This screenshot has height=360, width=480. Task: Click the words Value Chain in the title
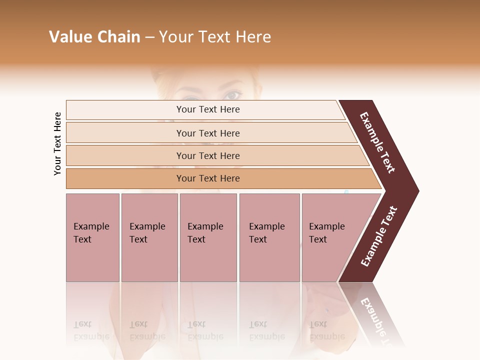(x=94, y=37)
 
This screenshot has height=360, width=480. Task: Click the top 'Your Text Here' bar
(x=208, y=109)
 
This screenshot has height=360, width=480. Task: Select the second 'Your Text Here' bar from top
(x=208, y=133)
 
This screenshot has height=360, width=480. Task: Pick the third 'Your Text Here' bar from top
(x=208, y=155)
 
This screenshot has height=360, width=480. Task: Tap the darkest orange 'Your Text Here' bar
(x=208, y=178)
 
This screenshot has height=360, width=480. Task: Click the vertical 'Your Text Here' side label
(x=57, y=143)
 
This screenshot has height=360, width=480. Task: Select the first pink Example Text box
(x=92, y=237)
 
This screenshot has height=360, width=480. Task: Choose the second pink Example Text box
(x=149, y=237)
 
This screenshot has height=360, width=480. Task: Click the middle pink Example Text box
(x=208, y=237)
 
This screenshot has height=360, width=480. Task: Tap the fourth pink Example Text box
(x=269, y=237)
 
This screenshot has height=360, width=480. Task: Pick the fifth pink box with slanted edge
(x=330, y=237)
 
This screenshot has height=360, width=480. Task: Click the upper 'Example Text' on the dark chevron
(x=377, y=142)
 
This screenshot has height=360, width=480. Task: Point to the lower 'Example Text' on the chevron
(x=379, y=236)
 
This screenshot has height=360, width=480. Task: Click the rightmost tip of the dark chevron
(x=417, y=191)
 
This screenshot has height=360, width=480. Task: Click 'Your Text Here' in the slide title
(x=215, y=37)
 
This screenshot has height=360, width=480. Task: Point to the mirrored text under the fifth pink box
(x=318, y=330)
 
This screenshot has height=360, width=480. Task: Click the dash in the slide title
(x=149, y=37)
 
